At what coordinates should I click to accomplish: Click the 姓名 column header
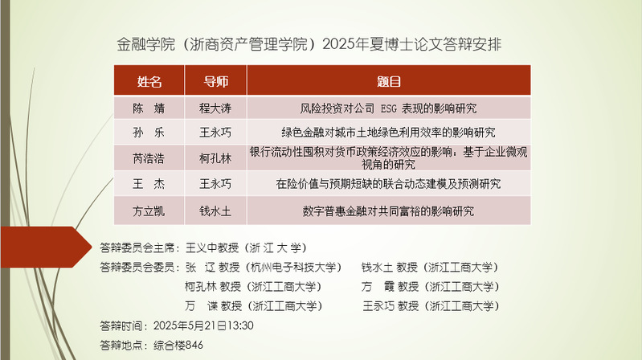[x=149, y=81]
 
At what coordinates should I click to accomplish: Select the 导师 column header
[x=216, y=81]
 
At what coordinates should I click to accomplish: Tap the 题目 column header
[x=389, y=81]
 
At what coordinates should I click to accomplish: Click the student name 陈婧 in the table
[x=149, y=108]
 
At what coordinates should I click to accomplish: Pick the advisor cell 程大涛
[x=215, y=108]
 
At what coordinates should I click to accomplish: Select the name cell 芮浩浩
[x=149, y=158]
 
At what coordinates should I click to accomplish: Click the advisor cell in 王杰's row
[x=215, y=184]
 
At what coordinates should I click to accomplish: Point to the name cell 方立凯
[x=149, y=211]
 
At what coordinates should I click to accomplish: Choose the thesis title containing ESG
[x=388, y=108]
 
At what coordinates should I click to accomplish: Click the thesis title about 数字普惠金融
[x=388, y=211]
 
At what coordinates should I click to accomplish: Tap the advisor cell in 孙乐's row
[x=215, y=133]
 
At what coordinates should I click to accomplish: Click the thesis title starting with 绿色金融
[x=388, y=133]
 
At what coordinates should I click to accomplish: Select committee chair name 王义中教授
[x=212, y=247]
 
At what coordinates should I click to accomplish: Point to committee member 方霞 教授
[x=390, y=286]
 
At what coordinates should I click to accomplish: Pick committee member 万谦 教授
[x=213, y=305]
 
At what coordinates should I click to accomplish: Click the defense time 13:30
[x=240, y=325]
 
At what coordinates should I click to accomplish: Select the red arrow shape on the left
[x=46, y=247]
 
